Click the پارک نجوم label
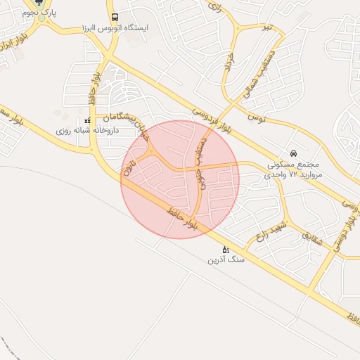[39, 13]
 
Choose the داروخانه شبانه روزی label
[89, 131]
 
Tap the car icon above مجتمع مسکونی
[293, 153]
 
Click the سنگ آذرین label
[226, 259]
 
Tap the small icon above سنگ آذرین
[226, 249]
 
